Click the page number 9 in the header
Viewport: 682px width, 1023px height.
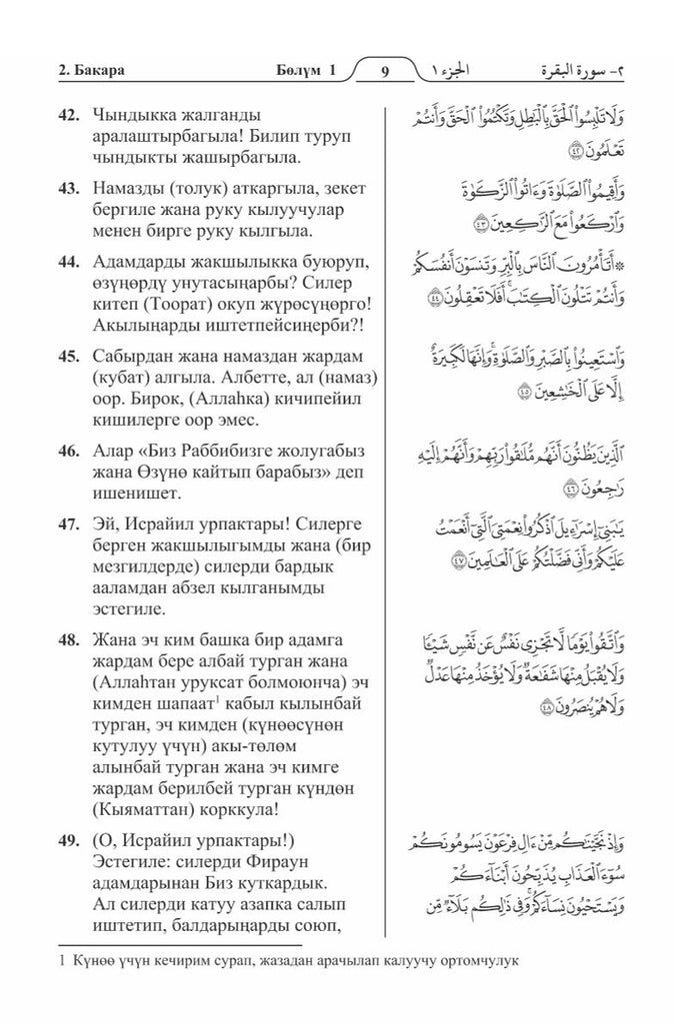pyautogui.click(x=386, y=71)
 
